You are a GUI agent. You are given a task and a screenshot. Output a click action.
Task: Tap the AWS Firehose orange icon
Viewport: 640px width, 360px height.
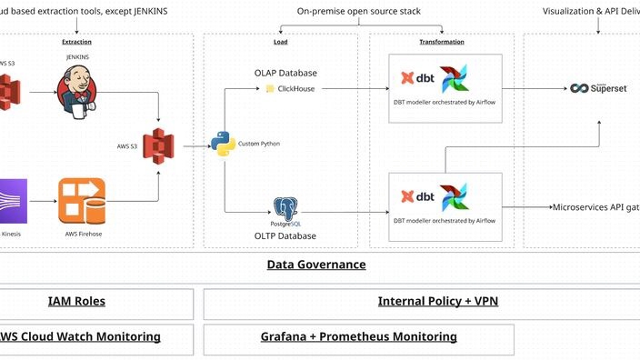point(82,200)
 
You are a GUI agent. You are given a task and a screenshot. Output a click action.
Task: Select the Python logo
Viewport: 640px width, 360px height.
point(223,144)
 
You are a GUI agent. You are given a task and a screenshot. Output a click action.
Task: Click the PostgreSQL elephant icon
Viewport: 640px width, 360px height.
point(286,209)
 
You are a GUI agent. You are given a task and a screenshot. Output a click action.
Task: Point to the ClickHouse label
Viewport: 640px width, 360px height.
point(295,89)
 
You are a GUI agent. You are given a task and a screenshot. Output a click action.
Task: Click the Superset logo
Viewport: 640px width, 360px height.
point(598,88)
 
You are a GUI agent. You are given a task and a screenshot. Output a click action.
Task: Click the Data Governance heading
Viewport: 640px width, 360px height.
point(316,265)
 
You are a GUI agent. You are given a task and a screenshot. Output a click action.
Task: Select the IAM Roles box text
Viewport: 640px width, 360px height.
point(76,302)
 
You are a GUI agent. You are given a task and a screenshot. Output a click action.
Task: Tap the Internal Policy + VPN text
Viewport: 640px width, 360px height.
point(437,302)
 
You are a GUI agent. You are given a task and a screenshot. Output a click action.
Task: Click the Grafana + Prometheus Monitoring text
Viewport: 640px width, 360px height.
point(358,336)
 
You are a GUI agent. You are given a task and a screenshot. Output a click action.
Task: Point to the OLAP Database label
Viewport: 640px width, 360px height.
point(285,72)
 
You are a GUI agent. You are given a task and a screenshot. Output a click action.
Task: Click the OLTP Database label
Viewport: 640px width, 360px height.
point(285,236)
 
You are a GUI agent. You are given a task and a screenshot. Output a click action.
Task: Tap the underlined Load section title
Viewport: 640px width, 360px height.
point(281,42)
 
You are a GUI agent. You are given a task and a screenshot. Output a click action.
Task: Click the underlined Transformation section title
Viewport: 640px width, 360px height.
point(442,42)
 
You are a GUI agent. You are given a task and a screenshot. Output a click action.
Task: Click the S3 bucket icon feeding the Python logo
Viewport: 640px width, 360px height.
point(161,145)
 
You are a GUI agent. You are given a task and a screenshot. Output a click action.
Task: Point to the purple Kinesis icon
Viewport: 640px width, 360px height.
point(13,200)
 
